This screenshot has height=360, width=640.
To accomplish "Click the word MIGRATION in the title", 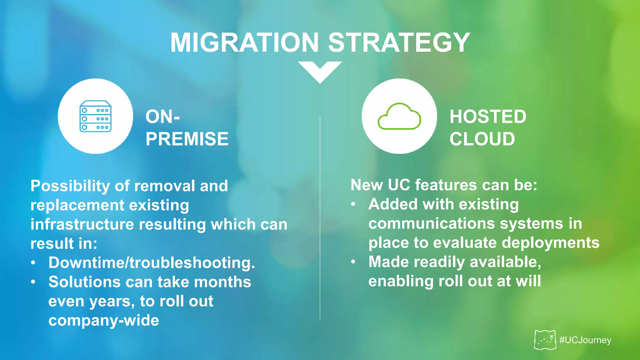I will click(x=244, y=43).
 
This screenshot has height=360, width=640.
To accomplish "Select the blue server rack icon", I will click(x=96, y=116).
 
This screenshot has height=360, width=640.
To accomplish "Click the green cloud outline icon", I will click(x=399, y=116).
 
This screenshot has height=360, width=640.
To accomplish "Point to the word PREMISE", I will click(x=187, y=139).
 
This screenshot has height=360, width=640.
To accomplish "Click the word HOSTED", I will click(x=488, y=117).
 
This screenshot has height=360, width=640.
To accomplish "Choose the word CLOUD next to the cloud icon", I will click(x=482, y=139).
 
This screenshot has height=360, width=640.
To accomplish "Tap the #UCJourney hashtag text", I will click(x=585, y=340).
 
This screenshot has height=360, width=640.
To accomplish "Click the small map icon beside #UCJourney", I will click(x=545, y=340).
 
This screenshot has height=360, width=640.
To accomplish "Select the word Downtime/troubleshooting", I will click(x=152, y=262).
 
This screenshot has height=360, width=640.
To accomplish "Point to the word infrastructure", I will click(x=82, y=224).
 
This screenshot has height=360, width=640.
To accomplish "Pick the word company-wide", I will click(x=104, y=320).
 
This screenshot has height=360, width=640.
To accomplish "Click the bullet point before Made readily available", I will click(x=353, y=262).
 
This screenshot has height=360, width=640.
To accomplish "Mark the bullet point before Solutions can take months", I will click(x=33, y=282).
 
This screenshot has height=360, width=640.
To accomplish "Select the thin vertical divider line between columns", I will click(x=320, y=219).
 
